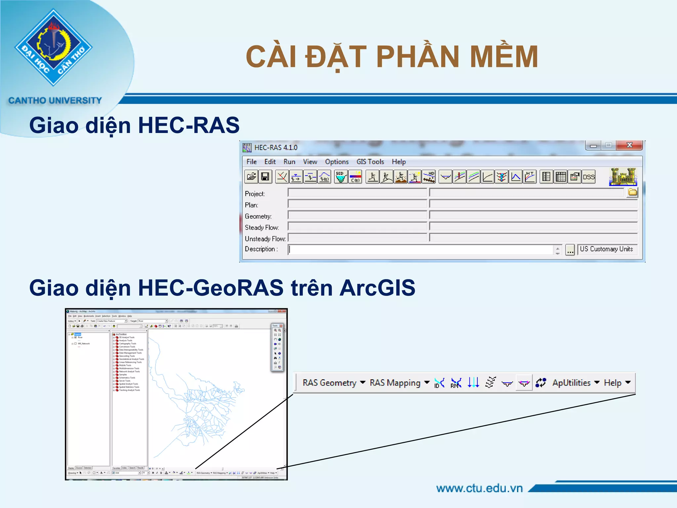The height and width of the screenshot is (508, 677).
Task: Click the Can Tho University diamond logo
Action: click(x=54, y=47)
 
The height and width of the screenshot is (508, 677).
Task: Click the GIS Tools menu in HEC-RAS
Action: click(x=370, y=162)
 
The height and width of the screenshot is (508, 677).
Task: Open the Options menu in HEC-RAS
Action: click(x=337, y=162)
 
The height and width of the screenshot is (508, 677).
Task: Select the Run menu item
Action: click(x=289, y=162)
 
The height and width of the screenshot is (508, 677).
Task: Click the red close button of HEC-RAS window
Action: click(x=629, y=145)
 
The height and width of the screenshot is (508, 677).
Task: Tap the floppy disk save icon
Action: click(x=265, y=177)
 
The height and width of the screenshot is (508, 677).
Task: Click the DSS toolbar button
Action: click(x=588, y=177)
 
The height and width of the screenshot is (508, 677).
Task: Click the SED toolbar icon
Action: click(x=340, y=177)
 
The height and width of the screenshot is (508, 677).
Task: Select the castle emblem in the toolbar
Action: click(x=623, y=177)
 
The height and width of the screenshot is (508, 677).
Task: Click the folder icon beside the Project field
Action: click(x=632, y=192)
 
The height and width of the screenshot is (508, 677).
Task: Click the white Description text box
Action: click(x=420, y=249)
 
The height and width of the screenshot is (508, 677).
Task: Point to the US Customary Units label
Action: click(x=606, y=249)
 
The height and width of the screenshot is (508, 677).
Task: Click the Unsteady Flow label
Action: click(x=265, y=239)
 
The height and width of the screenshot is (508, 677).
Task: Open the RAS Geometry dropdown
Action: click(x=334, y=383)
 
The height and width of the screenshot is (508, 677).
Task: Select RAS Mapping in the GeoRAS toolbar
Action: click(x=399, y=383)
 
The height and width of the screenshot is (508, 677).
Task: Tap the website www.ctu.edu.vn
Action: click(x=479, y=488)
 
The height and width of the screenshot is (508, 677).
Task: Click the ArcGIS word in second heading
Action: click(x=377, y=288)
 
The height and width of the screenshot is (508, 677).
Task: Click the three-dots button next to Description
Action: click(x=570, y=250)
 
